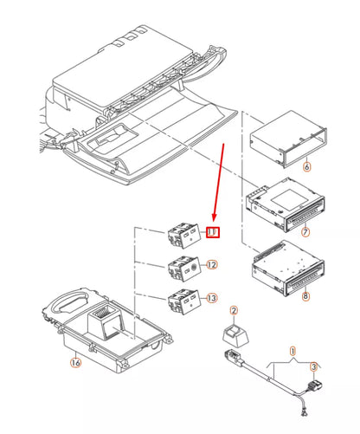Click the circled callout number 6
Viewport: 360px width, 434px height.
(x=305, y=165)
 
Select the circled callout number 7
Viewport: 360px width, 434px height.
(x=305, y=233)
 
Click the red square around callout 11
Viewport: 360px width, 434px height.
(x=212, y=232)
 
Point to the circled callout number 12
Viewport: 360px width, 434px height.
(x=212, y=265)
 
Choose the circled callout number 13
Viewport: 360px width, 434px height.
(x=212, y=298)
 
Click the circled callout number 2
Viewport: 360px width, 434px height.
(x=233, y=309)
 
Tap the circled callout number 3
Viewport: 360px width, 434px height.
(x=314, y=366)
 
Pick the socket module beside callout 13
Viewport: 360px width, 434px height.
(x=183, y=302)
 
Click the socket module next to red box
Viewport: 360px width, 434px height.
(x=183, y=234)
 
